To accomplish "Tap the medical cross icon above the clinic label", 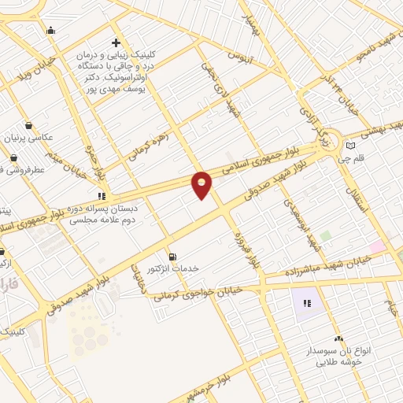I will click(x=116, y=43).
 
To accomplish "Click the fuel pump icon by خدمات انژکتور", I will click(x=172, y=256).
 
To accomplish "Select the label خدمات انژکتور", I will click(x=172, y=268).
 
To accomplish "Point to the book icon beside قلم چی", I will click(x=350, y=146).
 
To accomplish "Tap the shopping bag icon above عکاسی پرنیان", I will click(x=29, y=125).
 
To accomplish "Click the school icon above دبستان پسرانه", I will click(x=101, y=195).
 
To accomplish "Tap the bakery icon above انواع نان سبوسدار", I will click(x=338, y=337).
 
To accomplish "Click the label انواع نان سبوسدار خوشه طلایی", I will click(x=338, y=356).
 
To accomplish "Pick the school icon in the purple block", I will click(x=307, y=302).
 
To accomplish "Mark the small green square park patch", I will click(x=325, y=235).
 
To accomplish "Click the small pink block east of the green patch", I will click(x=378, y=246).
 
